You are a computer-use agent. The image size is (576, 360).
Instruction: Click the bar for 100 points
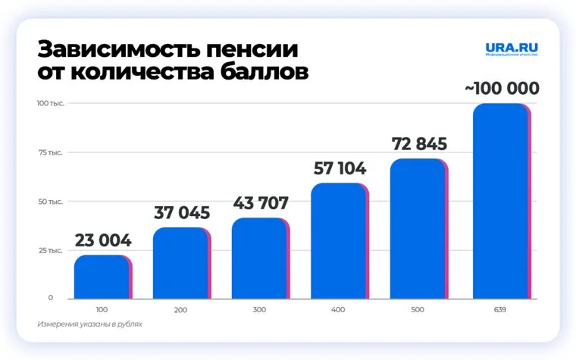click(x=102, y=277)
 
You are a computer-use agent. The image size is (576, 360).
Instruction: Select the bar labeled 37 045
click(x=181, y=263)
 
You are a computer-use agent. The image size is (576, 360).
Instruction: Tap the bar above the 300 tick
click(x=260, y=258)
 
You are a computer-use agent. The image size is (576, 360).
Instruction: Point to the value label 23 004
click(x=103, y=242)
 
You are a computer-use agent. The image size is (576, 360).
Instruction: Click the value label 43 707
click(x=260, y=204)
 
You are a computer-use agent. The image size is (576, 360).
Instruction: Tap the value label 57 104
click(x=340, y=169)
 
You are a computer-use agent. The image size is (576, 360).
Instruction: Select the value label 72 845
click(x=418, y=144)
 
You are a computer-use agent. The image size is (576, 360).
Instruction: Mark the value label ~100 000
click(x=502, y=89)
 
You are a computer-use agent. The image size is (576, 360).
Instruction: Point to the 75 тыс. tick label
click(x=52, y=152)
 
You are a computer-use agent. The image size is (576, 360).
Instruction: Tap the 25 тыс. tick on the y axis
click(x=52, y=250)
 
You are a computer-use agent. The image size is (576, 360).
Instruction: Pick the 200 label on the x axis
click(x=180, y=310)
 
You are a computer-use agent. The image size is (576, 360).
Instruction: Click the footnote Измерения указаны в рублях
click(x=89, y=324)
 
